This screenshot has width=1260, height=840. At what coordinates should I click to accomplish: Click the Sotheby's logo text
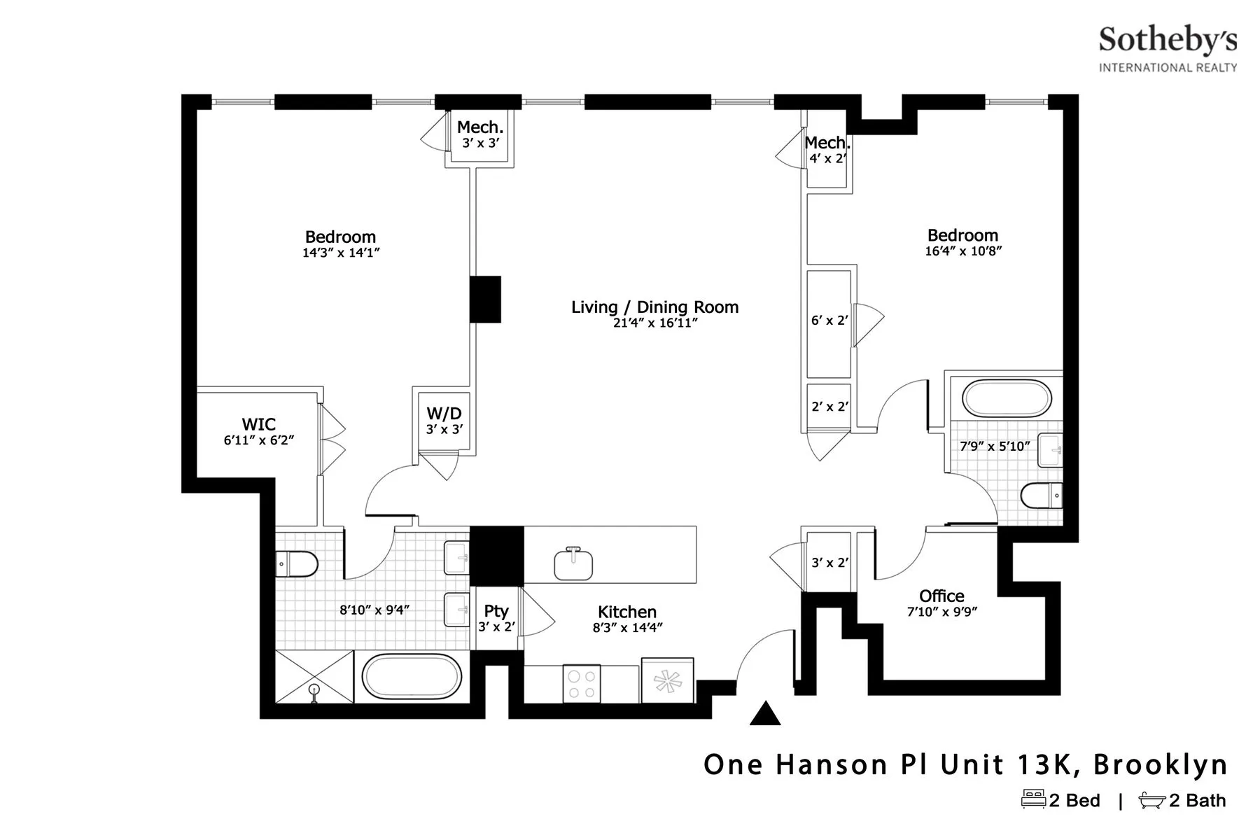(1167, 41)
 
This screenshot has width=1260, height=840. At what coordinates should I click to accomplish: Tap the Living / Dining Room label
(654, 307)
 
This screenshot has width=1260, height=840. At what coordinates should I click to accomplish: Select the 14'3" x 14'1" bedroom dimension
(341, 253)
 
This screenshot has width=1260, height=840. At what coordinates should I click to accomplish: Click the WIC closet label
(258, 424)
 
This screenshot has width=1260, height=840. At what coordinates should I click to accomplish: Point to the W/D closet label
(444, 414)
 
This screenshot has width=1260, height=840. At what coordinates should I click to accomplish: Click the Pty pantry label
(496, 611)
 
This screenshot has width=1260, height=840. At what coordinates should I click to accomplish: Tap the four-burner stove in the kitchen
(582, 684)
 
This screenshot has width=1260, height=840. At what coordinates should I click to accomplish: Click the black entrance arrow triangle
(764, 713)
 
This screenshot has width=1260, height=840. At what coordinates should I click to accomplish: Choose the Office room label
(941, 596)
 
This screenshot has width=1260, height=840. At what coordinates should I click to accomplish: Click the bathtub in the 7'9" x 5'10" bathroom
(1007, 399)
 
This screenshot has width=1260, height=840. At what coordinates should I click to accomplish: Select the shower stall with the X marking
(314, 676)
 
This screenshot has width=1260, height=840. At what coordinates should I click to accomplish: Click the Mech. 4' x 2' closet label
(827, 143)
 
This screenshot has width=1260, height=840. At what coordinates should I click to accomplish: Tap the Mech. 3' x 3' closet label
(480, 127)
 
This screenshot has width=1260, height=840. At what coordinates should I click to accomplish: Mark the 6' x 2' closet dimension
(829, 321)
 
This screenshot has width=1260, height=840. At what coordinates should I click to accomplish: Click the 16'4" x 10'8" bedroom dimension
(963, 251)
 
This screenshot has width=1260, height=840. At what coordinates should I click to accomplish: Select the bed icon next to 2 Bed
(1033, 799)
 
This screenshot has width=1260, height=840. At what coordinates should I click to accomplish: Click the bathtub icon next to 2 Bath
(1151, 799)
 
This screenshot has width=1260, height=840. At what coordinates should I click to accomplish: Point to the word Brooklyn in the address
(1160, 764)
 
